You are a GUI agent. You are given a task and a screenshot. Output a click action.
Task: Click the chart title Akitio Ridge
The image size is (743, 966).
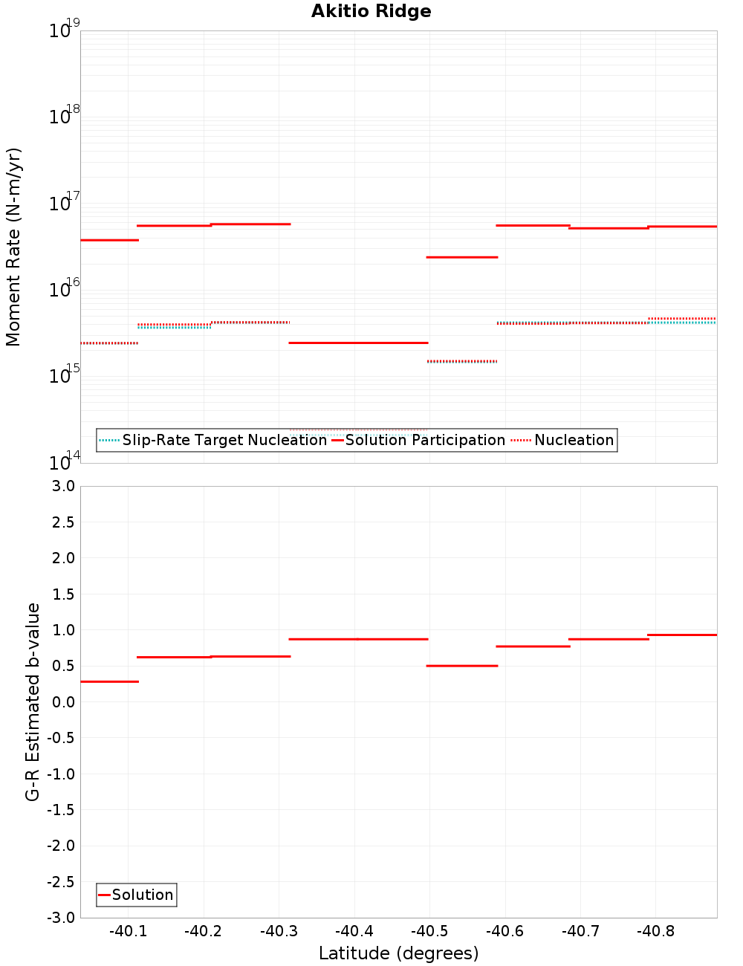pos(371,12)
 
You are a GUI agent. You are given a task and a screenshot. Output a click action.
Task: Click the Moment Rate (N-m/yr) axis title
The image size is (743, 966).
pos(13,247)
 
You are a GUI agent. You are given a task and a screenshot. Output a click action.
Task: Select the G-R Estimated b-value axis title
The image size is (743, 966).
pos(33,701)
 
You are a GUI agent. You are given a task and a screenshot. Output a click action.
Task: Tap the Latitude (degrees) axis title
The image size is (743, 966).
pos(398,953)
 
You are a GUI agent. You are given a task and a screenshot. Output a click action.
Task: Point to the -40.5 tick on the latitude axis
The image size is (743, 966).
pos(429,932)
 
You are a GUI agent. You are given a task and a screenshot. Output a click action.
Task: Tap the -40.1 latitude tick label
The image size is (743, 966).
pos(128,932)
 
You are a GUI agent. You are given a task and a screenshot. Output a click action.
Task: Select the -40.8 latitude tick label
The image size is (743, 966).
pos(655,932)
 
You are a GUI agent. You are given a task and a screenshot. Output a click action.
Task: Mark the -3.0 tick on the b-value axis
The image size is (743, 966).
pos(61,918)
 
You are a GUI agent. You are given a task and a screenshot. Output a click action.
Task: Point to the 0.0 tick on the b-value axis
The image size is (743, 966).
pos(64,702)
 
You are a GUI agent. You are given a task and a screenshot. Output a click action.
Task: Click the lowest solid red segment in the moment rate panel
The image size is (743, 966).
pos(358,343)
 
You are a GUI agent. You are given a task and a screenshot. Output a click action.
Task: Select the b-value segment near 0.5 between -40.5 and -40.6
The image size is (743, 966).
pos(462,666)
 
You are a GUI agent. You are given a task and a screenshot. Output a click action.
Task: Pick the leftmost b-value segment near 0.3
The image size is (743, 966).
pos(109,681)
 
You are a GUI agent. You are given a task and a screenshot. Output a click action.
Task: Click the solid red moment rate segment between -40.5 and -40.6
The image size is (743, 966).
pos(462,257)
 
